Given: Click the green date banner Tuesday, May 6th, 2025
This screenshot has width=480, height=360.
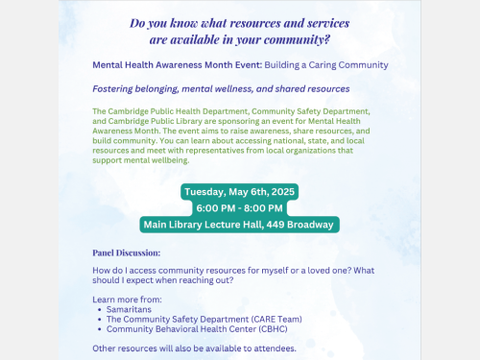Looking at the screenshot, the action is [240, 191].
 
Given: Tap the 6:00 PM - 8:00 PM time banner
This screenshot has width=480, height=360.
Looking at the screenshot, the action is [240, 207].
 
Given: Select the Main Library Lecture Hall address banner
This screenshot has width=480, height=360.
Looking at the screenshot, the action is [240, 225].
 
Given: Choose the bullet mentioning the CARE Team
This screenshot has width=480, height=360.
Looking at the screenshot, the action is [188, 320].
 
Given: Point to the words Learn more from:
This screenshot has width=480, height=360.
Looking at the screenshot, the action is [126, 300].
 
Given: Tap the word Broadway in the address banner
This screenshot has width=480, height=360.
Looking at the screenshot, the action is [308, 225].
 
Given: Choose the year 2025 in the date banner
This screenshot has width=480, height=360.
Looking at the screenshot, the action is [282, 191].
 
